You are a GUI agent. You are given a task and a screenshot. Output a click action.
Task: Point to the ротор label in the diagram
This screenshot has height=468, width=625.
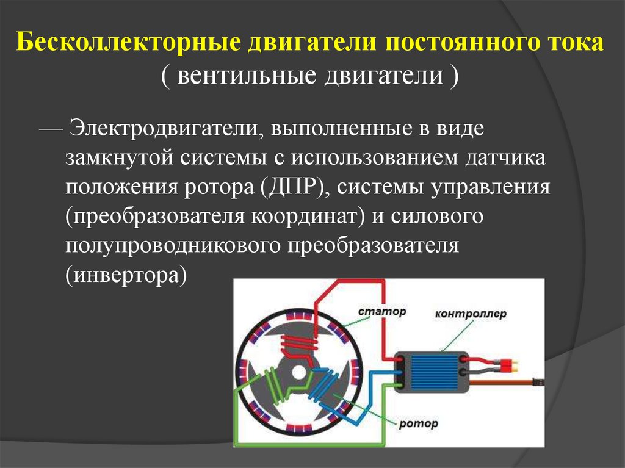(419, 423)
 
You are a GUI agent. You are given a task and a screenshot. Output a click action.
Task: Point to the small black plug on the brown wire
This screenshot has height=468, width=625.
(538, 382)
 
